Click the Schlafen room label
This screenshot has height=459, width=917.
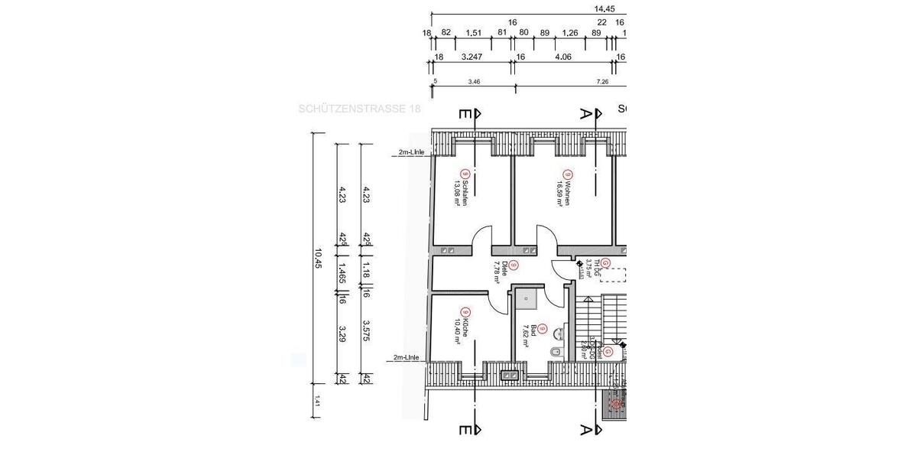click(461, 194)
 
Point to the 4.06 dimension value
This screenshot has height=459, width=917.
click(563, 57)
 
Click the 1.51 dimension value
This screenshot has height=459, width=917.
click(473, 33)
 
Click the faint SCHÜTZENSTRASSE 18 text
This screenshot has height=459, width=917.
click(359, 109)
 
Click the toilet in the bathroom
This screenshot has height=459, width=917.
click(556, 351)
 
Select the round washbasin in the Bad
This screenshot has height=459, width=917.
click(562, 333)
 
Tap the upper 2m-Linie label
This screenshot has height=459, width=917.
click(411, 152)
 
